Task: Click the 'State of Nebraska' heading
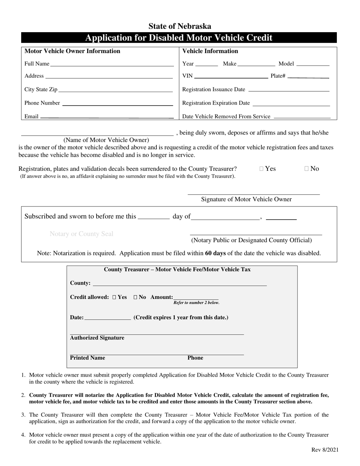[180, 26]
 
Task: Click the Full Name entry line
[112, 64]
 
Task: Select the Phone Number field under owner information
[117, 103]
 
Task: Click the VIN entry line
[231, 76]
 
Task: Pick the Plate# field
[308, 76]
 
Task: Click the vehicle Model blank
[313, 64]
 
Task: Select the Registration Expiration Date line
[291, 103]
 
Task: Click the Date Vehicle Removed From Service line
[302, 117]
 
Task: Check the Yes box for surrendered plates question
[262, 169]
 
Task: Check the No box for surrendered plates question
[307, 169]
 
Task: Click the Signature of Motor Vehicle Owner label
[246, 199]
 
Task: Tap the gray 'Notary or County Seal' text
[81, 234]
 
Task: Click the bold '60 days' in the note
[215, 253]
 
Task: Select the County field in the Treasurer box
[180, 283]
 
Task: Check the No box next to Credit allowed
[135, 297]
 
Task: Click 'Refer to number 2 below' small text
[196, 303]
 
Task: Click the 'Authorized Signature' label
[97, 338]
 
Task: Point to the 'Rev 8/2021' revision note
[325, 450]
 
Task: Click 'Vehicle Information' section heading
[210, 51]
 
